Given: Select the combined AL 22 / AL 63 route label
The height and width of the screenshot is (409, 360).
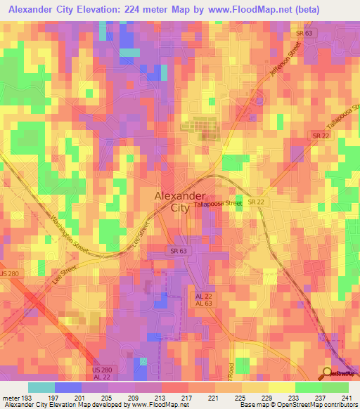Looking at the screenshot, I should click(x=203, y=299).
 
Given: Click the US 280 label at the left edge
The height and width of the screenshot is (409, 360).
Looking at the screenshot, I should click(x=8, y=273).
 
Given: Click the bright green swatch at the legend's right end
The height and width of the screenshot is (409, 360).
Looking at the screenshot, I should click(x=335, y=387).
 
